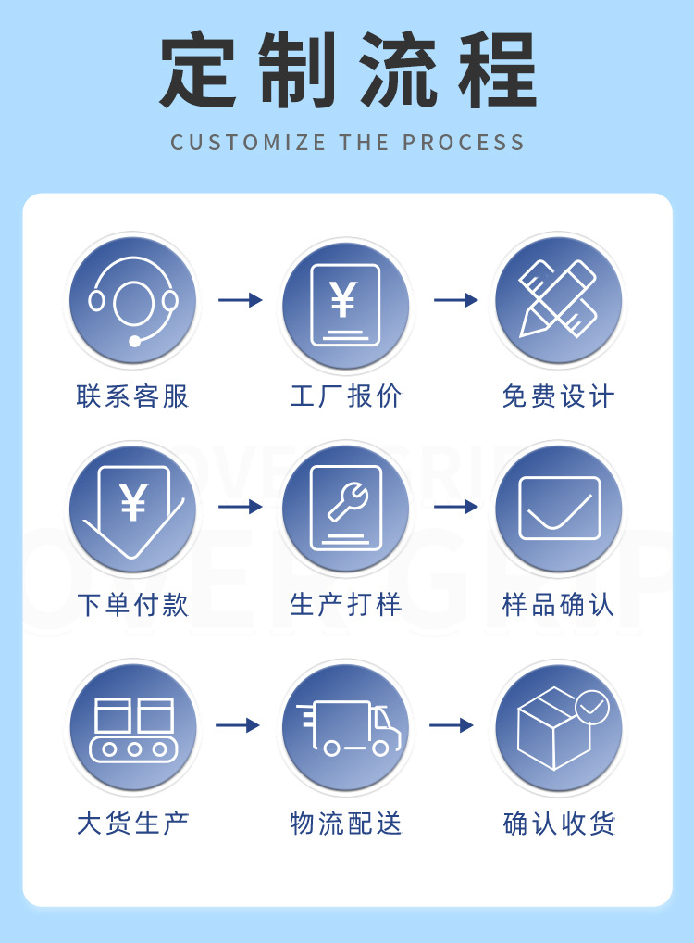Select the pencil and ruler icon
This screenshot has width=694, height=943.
[x=558, y=299]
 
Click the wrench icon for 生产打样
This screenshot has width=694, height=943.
[x=345, y=507]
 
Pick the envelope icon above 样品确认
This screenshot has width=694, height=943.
[x=559, y=508]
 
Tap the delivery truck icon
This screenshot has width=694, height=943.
[x=348, y=728]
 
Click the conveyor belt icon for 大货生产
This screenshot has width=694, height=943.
[x=133, y=728]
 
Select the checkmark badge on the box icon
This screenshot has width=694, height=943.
[x=592, y=708]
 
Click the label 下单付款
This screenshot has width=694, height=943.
[x=133, y=605]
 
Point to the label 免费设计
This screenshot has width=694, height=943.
[x=558, y=396]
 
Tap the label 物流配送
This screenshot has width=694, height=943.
[x=346, y=823]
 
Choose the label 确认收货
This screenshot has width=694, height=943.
[x=559, y=823]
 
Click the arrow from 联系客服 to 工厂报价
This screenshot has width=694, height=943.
[x=240, y=300]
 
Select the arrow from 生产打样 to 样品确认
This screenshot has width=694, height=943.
[x=455, y=507]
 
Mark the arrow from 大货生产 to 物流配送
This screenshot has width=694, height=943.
[x=238, y=725]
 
